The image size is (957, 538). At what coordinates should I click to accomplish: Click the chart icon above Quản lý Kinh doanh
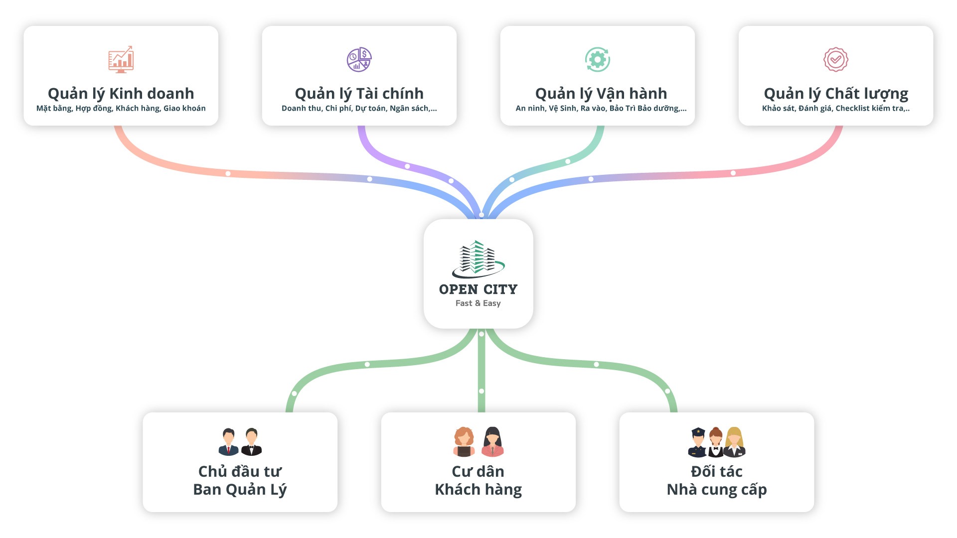(121, 59)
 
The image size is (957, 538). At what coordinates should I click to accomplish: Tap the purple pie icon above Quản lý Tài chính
(359, 60)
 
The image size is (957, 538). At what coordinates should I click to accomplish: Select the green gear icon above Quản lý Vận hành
(597, 60)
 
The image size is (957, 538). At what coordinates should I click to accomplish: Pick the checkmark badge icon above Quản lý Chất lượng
(835, 60)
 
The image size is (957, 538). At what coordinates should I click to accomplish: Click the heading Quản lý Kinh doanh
(121, 94)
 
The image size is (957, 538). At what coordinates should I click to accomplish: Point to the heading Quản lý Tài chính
(359, 94)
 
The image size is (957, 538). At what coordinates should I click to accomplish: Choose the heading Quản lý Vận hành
(601, 94)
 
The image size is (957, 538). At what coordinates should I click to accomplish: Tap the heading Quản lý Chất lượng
(836, 94)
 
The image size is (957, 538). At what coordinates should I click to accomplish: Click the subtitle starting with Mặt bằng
(121, 108)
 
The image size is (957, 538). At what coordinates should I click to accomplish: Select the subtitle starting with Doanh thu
(359, 108)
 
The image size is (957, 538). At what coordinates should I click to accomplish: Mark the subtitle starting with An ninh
(601, 108)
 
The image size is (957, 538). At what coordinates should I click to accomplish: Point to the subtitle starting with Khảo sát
(835, 108)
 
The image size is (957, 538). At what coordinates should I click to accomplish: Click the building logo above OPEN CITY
(478, 259)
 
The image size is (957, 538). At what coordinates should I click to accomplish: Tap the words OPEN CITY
(478, 289)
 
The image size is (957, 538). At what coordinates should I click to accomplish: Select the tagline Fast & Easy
(478, 303)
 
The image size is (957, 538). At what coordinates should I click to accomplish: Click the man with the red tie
(228, 442)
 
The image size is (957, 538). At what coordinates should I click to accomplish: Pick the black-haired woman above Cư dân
(492, 442)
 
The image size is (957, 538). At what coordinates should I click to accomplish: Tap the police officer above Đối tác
(697, 442)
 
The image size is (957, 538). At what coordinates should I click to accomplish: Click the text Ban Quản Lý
(240, 490)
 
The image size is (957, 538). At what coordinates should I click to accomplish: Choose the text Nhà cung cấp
(716, 490)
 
